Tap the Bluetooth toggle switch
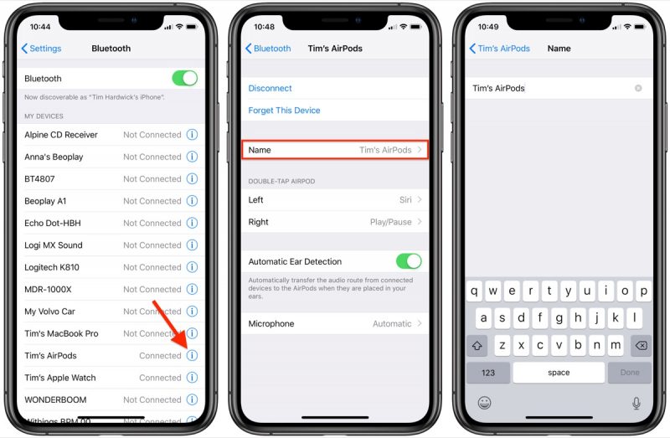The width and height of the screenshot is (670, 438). [x=184, y=79]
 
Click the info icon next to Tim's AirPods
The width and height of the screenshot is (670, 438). [x=192, y=355]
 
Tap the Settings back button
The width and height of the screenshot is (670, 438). [x=42, y=49]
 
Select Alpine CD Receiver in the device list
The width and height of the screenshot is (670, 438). [x=61, y=135]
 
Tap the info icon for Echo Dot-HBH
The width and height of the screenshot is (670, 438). [x=192, y=223]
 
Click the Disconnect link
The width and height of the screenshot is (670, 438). [x=270, y=88]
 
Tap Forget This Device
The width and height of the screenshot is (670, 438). [x=284, y=111]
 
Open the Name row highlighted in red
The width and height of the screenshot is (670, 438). [x=335, y=150]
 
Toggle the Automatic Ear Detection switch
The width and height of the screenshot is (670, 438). [x=409, y=261]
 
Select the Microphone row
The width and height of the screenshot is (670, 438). [x=335, y=323]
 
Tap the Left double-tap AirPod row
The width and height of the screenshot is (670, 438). [x=335, y=200]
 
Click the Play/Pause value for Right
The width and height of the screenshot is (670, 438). [x=390, y=222]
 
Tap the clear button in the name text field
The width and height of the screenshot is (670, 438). [x=638, y=88]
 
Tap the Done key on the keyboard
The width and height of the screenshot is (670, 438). [x=630, y=373]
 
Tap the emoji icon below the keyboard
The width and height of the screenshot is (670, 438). [x=484, y=403]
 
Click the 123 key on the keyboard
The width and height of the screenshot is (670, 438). [x=488, y=373]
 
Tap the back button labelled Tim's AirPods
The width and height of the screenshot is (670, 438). [x=500, y=49]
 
